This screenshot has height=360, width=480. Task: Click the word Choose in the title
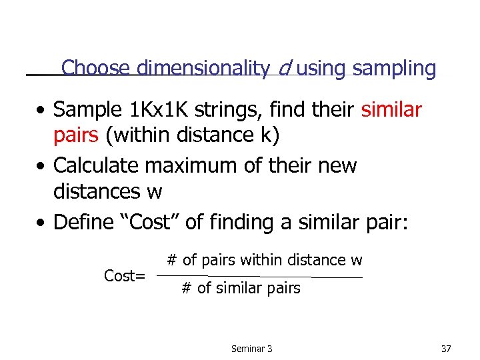(x=96, y=68)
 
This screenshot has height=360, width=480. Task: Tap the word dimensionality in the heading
(x=203, y=68)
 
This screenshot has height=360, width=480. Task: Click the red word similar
(x=391, y=109)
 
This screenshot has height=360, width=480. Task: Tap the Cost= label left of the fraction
(x=125, y=275)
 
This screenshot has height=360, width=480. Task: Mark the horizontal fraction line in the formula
(x=260, y=277)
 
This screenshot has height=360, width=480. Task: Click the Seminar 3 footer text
(x=252, y=348)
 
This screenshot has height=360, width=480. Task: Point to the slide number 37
(x=446, y=348)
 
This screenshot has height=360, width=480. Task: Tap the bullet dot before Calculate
(x=42, y=165)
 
